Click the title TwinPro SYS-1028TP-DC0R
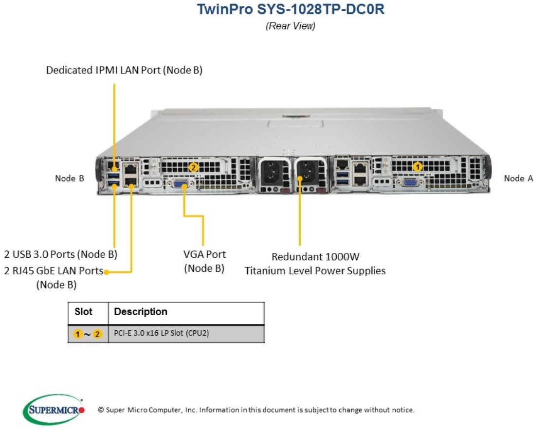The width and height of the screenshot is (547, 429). pyautogui.click(x=291, y=9)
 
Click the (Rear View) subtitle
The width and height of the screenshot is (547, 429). pyautogui.click(x=290, y=26)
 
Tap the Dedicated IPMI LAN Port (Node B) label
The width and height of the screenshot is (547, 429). pyautogui.click(x=124, y=70)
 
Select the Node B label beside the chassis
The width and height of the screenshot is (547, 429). pyautogui.click(x=70, y=178)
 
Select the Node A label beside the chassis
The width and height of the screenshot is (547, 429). pyautogui.click(x=518, y=178)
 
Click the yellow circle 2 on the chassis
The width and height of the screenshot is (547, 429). pyautogui.click(x=193, y=167)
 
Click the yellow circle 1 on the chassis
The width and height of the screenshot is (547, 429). pyautogui.click(x=417, y=167)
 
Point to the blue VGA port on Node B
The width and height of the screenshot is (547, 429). pyautogui.click(x=181, y=183)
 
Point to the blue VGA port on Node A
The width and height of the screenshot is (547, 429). pyautogui.click(x=410, y=182)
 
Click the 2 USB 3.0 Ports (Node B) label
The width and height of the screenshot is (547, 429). pyautogui.click(x=61, y=254)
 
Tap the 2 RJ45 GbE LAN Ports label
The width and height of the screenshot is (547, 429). pyautogui.click(x=54, y=270)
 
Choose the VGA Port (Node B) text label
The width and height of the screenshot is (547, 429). pyautogui.click(x=204, y=261)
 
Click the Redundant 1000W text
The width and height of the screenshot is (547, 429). pyautogui.click(x=315, y=257)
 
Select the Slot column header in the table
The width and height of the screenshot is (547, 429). pyautogui.click(x=83, y=311)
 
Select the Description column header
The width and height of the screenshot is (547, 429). pyautogui.click(x=141, y=311)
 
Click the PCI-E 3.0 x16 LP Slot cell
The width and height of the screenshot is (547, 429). pyautogui.click(x=162, y=333)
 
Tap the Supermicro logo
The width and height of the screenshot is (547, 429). pyautogui.click(x=54, y=410)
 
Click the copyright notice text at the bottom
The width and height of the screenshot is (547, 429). pyautogui.click(x=256, y=410)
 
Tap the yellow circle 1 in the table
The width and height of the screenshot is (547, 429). pyautogui.click(x=78, y=334)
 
